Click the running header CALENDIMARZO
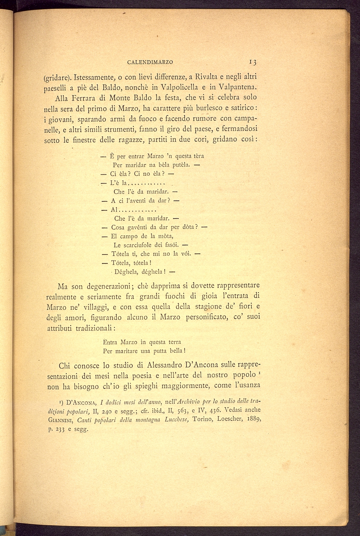click(x=150, y=62)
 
